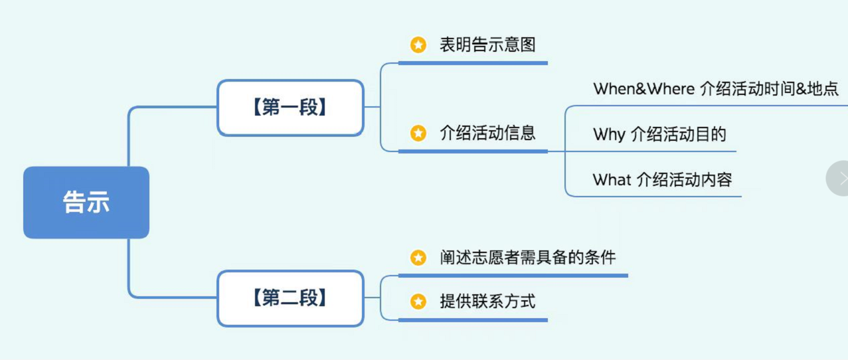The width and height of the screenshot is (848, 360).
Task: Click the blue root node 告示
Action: tap(86, 203)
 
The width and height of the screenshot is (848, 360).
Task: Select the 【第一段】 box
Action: tap(290, 108)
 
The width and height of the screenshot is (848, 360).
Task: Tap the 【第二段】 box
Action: tap(290, 298)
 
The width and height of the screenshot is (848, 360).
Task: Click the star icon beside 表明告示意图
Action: tap(418, 45)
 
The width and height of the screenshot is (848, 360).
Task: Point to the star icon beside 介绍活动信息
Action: tap(418, 134)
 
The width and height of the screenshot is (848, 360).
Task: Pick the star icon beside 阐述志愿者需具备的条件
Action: tap(418, 257)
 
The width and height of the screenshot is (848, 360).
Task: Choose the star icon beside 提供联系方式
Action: tap(418, 302)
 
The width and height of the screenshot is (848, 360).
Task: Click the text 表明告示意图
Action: tap(487, 45)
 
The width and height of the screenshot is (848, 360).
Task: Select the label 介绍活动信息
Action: tap(487, 134)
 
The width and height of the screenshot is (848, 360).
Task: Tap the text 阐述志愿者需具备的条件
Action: tap(527, 257)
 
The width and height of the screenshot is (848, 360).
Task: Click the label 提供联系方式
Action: tap(487, 302)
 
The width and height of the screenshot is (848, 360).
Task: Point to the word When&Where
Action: tap(643, 89)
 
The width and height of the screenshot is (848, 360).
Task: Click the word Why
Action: tap(609, 135)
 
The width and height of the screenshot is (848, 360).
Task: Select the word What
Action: tap(612, 179)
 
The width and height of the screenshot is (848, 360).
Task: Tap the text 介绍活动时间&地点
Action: tap(769, 89)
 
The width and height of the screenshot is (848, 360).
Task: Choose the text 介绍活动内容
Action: tap(684, 179)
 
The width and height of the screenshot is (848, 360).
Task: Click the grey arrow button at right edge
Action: tap(841, 178)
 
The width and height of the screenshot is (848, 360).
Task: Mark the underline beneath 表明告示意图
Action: tap(473, 63)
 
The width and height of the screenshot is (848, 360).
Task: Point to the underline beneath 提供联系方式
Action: tap(473, 320)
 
